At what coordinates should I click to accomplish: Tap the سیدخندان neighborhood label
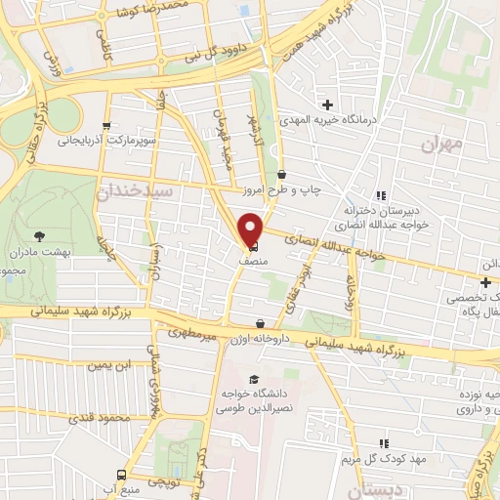[136, 192]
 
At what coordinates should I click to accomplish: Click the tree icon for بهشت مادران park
[39, 236]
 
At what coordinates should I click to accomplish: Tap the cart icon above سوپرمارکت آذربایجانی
[105, 125]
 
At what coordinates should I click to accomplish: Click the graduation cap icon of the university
[255, 380]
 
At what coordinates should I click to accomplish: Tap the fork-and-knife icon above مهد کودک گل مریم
[384, 442]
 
